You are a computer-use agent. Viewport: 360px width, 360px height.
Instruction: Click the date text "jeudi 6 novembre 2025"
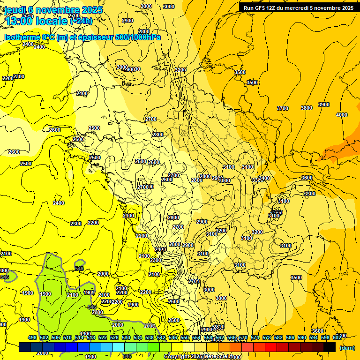pos(50,10)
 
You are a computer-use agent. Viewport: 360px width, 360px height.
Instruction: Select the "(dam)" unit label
pos(347,347)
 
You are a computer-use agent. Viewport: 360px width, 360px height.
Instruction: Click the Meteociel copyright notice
pos(199,357)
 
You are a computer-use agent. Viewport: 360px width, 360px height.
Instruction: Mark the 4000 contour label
pos(342,115)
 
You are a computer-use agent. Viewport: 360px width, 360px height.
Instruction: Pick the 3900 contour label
pos(323,105)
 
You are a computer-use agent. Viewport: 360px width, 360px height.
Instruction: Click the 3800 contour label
pos(306,108)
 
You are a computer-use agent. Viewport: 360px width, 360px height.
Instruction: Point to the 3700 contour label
pos(282,108)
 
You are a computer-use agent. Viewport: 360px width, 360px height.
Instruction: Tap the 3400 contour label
pos(264,178)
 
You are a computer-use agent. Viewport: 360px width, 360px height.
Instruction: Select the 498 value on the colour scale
pos(32,337)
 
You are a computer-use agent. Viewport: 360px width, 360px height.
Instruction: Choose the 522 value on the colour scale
pos(103,337)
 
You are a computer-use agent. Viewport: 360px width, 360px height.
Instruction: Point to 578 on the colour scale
pos(267,337)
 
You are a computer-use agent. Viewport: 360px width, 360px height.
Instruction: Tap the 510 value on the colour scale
pos(67,337)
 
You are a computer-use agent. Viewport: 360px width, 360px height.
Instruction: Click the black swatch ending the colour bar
pos(330,347)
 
